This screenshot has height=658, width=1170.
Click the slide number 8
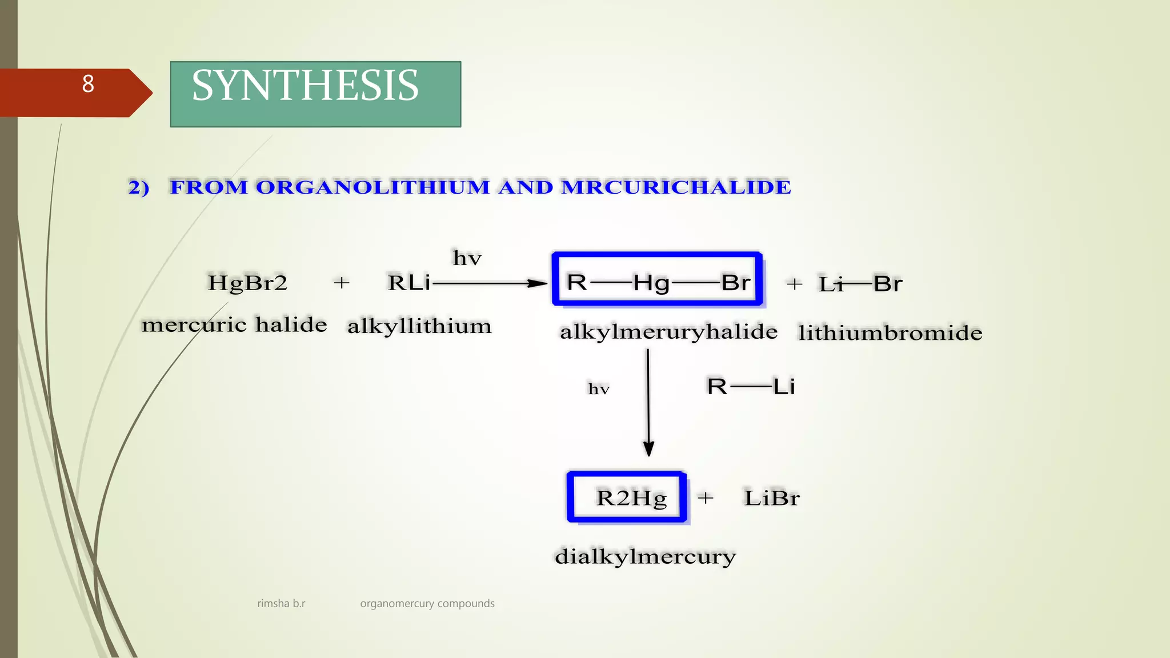pyautogui.click(x=88, y=85)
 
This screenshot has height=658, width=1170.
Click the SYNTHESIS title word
pyautogui.click(x=305, y=86)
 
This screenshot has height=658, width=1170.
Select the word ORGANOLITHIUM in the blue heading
pyautogui.click(x=372, y=187)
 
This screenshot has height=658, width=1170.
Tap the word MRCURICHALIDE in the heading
pyautogui.click(x=676, y=187)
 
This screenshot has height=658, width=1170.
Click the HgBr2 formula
pyautogui.click(x=247, y=283)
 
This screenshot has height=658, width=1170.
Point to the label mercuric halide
pyautogui.click(x=234, y=324)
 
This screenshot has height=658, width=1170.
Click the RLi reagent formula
pyautogui.click(x=408, y=283)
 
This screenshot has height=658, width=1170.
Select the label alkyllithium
pyautogui.click(x=419, y=326)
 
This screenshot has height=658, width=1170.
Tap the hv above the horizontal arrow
pyautogui.click(x=467, y=258)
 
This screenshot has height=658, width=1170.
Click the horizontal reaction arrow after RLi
pyautogui.click(x=488, y=283)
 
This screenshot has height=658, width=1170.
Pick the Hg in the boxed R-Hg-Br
pyautogui.click(x=651, y=283)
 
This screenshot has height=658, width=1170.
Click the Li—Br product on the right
pyautogui.click(x=860, y=284)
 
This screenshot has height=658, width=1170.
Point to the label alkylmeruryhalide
pyautogui.click(x=668, y=332)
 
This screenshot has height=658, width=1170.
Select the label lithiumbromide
pyautogui.click(x=890, y=333)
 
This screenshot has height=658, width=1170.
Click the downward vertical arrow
pyautogui.click(x=648, y=403)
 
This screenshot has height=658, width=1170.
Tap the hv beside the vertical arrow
pyautogui.click(x=599, y=390)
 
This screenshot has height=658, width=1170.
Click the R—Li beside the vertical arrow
pyautogui.click(x=751, y=387)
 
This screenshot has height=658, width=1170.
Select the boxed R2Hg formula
pyautogui.click(x=631, y=498)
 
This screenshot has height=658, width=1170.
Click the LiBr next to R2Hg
pyautogui.click(x=771, y=498)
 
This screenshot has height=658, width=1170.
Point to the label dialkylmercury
pyautogui.click(x=645, y=556)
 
